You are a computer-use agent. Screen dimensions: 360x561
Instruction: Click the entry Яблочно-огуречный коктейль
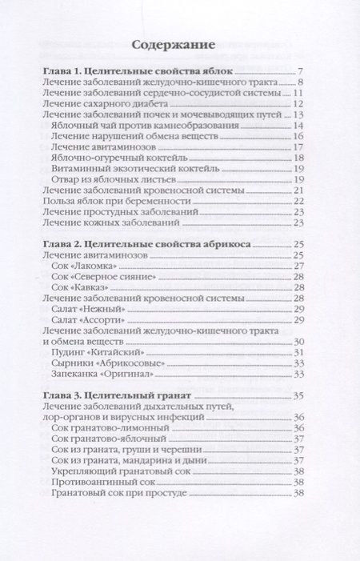[x=114, y=158]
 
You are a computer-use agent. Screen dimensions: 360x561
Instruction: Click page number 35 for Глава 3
[x=297, y=395]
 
